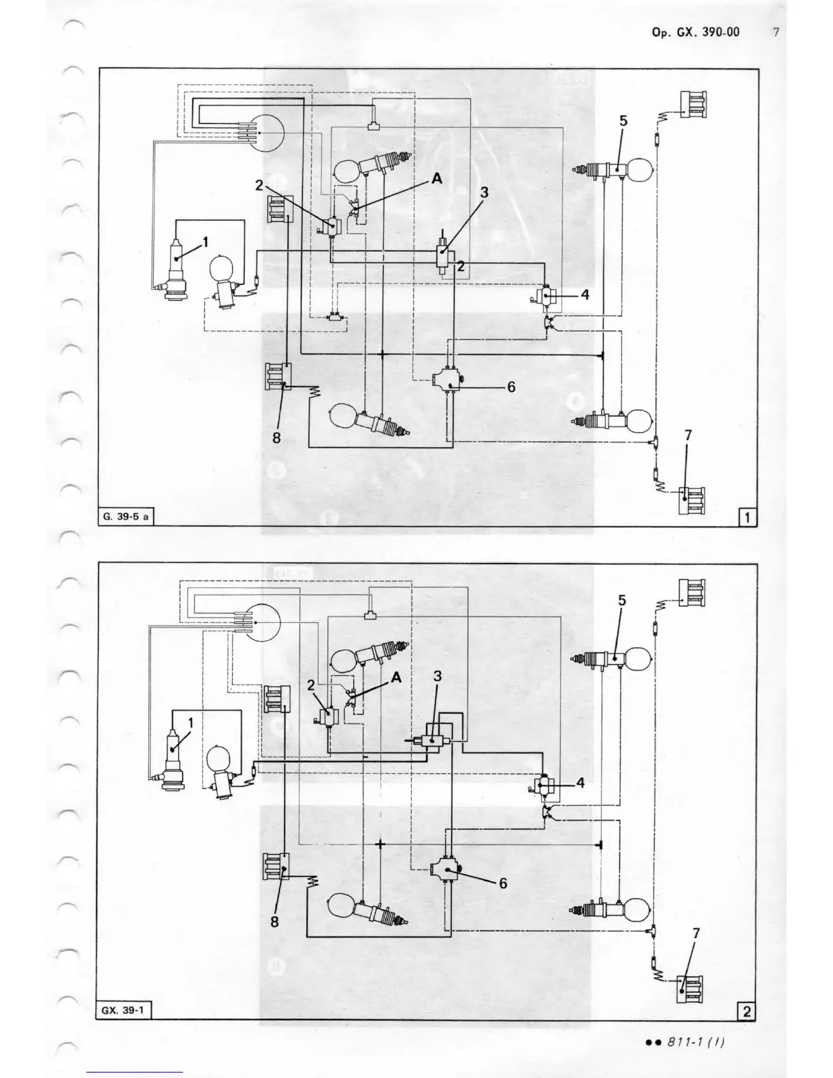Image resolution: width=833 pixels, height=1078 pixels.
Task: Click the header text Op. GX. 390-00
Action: (695, 32)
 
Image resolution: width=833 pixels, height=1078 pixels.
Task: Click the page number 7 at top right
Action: (776, 32)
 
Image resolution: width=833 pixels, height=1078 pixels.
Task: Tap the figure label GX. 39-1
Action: (122, 1011)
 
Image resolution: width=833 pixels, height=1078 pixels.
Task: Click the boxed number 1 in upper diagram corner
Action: (747, 518)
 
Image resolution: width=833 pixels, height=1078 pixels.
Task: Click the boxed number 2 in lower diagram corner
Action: (747, 1012)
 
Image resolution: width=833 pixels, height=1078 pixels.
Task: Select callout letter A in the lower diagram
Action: (397, 678)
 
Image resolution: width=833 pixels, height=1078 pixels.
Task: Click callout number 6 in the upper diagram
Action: (510, 387)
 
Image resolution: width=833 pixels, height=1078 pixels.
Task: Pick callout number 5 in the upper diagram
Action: (623, 120)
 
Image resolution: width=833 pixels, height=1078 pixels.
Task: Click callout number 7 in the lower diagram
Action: (696, 934)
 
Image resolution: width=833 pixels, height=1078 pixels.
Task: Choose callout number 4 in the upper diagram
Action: (585, 295)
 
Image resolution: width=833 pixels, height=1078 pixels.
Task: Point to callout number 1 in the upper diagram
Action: (205, 241)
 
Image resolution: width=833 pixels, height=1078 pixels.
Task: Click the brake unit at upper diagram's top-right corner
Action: (692, 104)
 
